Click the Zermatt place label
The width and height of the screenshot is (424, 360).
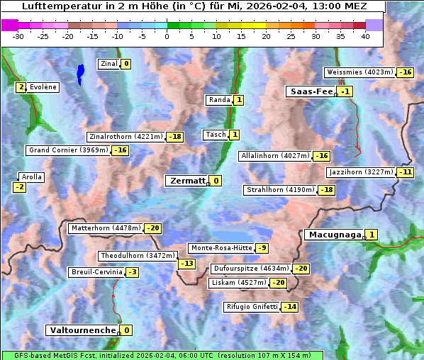186,181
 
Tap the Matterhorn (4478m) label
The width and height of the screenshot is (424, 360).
106,228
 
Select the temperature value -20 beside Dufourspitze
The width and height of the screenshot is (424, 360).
301,269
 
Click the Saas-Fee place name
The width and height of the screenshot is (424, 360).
311,91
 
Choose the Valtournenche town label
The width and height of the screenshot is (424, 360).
82,330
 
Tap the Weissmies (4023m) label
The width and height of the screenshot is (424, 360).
359,72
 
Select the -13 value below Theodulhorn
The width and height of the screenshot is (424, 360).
186,264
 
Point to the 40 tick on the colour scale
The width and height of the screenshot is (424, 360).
365,36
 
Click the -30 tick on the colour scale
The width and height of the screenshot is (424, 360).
18,36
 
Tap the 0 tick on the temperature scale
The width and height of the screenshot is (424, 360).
167,36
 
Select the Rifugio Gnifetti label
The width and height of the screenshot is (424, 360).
252,307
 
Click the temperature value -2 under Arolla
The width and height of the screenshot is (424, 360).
19,187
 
